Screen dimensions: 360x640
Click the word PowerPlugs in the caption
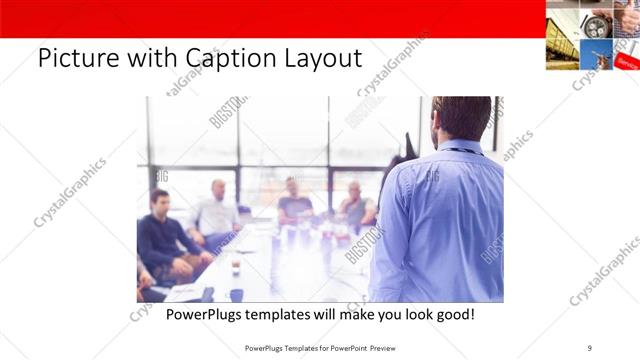tap(207, 314)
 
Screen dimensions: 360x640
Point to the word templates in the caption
tap(292, 314)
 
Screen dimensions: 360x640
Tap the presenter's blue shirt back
tap(440, 220)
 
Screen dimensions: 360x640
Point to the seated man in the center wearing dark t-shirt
tap(295, 200)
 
